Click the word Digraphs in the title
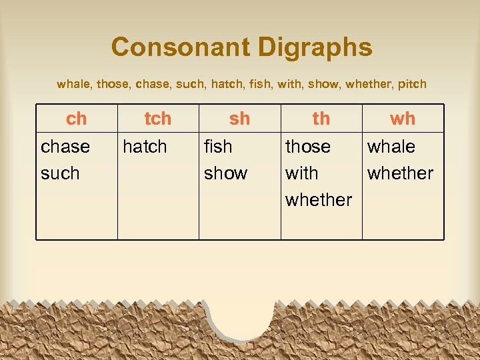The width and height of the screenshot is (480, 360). [x=317, y=48]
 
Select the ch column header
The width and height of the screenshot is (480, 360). [x=77, y=119]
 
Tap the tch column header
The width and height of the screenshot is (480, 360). [x=158, y=119]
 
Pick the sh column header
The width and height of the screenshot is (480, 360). [x=239, y=119]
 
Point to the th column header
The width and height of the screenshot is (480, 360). [x=321, y=119]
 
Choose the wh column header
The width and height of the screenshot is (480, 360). [x=403, y=119]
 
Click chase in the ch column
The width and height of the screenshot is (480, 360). [x=65, y=147]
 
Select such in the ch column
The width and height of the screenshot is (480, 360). [x=60, y=173]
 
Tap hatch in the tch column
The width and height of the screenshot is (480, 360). [x=145, y=147]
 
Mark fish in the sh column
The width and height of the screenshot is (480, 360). [x=218, y=147]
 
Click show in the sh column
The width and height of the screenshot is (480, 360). [x=225, y=173]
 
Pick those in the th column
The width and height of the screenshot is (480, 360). [x=308, y=147]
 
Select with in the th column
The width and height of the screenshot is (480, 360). [x=302, y=173]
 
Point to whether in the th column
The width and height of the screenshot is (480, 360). [x=319, y=200]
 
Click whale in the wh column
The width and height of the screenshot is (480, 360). [x=391, y=147]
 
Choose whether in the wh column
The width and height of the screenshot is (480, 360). [x=401, y=173]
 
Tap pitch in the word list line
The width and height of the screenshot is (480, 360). [x=411, y=85]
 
